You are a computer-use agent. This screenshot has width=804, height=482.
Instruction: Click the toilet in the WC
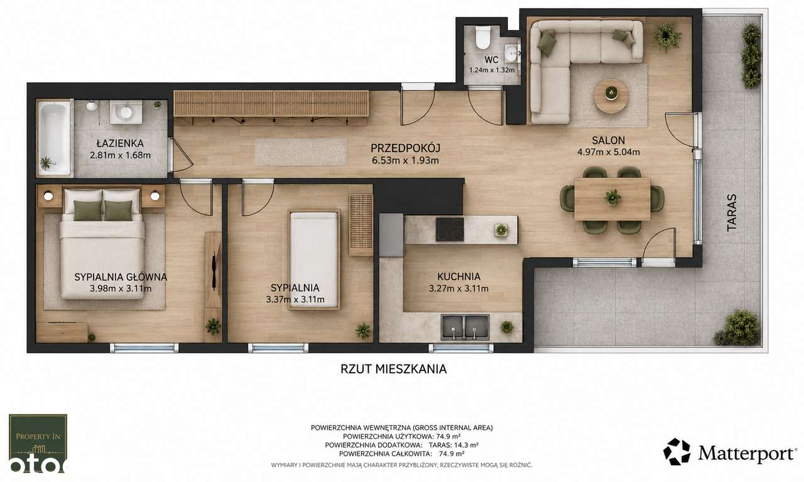[482, 38]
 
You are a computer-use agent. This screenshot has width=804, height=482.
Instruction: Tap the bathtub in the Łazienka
[55, 138]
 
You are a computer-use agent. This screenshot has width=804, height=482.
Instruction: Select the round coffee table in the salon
[611, 96]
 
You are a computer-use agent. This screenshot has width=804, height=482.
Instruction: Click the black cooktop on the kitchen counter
[450, 229]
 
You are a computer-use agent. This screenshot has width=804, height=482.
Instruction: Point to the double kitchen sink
[465, 327]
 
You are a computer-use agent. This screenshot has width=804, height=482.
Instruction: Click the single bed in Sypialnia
[313, 260]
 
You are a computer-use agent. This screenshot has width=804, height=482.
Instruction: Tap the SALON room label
[609, 140]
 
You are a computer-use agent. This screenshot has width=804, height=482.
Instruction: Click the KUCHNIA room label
[459, 277]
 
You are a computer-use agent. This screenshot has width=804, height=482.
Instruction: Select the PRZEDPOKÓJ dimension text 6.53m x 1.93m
[405, 160]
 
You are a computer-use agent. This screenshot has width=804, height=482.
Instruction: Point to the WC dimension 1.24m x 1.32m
[492, 70]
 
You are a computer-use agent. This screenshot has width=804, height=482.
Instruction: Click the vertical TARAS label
[732, 212]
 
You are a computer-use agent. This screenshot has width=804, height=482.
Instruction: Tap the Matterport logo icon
[676, 451]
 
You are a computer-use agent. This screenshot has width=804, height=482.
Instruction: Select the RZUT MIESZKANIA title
[393, 370]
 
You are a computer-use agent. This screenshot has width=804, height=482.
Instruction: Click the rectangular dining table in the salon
[612, 199]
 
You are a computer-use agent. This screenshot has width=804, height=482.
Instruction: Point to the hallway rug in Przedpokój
[301, 152]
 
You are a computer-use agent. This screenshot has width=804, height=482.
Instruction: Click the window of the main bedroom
[144, 348]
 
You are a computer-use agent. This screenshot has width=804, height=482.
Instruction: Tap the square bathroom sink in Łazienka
[126, 112]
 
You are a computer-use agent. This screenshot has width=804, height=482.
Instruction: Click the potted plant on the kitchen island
[501, 229]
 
